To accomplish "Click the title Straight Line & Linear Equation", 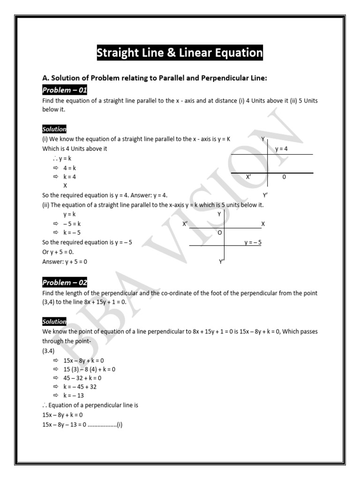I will (180, 53).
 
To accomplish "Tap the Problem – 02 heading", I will (65, 283).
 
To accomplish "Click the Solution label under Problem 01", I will (54, 129).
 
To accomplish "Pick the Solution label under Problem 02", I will (54, 322).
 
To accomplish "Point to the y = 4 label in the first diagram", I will (281, 149).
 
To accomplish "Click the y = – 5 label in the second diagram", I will (253, 242).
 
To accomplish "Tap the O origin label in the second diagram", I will (220, 233).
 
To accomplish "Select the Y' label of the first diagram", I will (265, 195).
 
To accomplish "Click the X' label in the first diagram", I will (249, 177).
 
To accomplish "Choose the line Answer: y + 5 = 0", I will (65, 262).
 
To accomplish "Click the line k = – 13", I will (74, 396).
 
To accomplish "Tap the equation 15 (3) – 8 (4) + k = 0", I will (89, 369).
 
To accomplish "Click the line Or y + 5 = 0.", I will (58, 252).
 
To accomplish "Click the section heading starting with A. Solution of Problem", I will (155, 78).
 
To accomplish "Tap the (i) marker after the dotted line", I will (120, 425).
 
